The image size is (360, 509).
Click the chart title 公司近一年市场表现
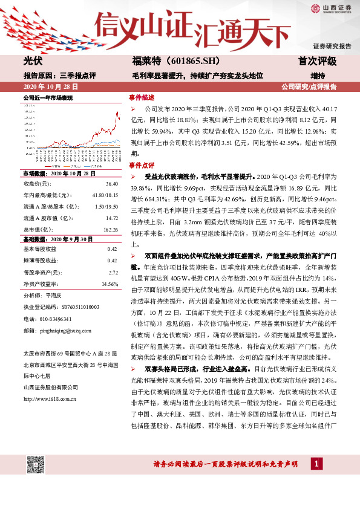48,97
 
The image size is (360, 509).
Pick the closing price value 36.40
111,183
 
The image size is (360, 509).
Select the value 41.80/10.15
104,195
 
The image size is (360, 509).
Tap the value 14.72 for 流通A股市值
111,218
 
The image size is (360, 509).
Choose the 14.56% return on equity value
109,284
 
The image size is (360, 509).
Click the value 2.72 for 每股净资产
112,272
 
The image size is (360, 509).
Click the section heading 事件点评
142,164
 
